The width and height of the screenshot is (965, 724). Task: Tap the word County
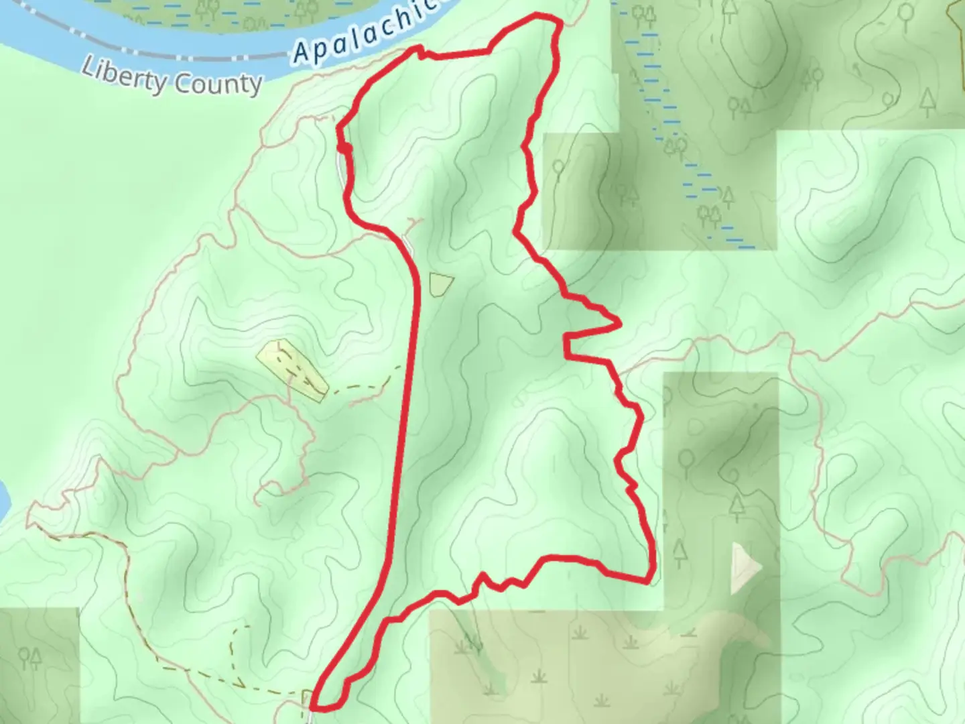point(216,84)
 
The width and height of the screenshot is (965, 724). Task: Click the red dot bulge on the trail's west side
point(344,148)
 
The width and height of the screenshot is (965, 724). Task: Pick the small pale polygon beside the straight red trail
point(440,284)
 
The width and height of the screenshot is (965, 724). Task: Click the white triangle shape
point(746,568)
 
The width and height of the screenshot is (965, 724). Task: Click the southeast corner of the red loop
point(649,578)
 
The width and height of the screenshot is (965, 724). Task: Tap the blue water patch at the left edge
point(3,499)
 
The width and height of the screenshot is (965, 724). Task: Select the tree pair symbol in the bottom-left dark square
point(30,657)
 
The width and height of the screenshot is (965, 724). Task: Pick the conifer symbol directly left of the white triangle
point(680,552)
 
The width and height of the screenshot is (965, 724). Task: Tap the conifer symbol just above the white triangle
point(737,505)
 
